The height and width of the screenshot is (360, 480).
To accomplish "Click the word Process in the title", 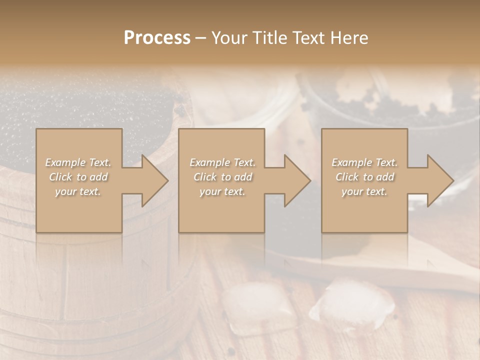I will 157,38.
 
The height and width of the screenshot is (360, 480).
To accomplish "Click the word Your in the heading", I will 227,38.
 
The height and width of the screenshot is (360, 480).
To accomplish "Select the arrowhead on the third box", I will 437,180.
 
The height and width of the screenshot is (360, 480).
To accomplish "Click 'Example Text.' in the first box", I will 78,162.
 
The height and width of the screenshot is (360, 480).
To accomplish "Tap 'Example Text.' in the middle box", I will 222,162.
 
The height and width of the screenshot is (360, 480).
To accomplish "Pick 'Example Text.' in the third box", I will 364,162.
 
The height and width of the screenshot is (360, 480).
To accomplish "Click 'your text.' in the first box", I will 78,191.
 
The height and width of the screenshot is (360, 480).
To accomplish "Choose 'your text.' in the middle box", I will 222,191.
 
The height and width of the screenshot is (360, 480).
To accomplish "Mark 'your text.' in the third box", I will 364,191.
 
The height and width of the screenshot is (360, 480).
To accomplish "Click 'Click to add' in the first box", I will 78,177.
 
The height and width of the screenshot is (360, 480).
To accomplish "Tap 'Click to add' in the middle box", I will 222,177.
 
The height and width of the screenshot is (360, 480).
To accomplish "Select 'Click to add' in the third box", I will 364,177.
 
